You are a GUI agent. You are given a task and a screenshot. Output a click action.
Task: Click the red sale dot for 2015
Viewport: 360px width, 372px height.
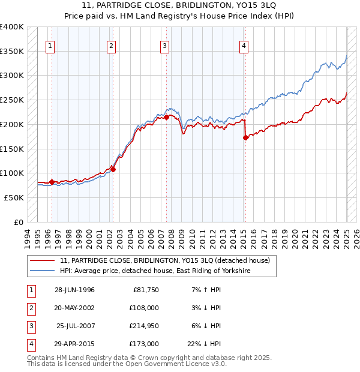point(245,137)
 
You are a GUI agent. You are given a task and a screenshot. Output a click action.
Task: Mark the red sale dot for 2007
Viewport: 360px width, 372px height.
point(166,117)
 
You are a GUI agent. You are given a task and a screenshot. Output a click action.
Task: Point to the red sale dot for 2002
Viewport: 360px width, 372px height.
point(113,169)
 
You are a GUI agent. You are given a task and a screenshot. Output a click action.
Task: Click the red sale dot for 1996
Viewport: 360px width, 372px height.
point(52,182)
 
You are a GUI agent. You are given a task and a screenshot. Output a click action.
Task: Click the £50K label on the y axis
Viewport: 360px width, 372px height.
point(14,197)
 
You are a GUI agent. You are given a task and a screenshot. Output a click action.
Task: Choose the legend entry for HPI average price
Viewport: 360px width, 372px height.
point(154,271)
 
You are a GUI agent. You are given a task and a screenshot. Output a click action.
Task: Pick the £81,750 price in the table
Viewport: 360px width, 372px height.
point(146,289)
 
